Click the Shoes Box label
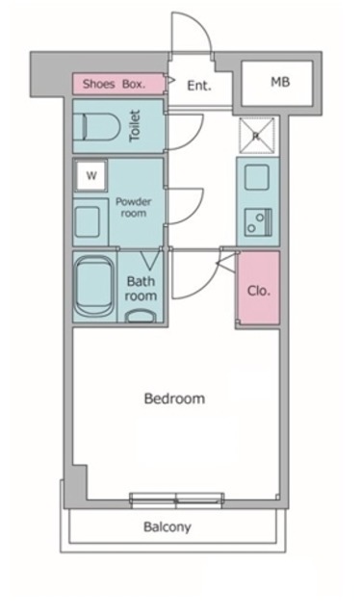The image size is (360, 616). pyautogui.click(x=114, y=84)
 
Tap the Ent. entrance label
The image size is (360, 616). pyautogui.click(x=199, y=86)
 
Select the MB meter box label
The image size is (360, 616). pyautogui.click(x=280, y=82)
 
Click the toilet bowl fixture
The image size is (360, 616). pyautogui.click(x=101, y=126)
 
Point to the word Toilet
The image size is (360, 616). pyautogui.click(x=135, y=126)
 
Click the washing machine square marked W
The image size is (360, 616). pyautogui.click(x=91, y=175)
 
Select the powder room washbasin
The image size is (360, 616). pyautogui.click(x=87, y=222)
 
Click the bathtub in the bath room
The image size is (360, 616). pyautogui.click(x=94, y=286)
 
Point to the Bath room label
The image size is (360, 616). pyautogui.click(x=141, y=289)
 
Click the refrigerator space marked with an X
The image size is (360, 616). pyautogui.click(x=257, y=135)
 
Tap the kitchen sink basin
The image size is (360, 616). pyautogui.click(x=257, y=177)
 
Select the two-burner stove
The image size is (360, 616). pyautogui.click(x=258, y=222)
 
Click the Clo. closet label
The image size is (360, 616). pyautogui.click(x=259, y=291)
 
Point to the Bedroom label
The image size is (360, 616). pyautogui.click(x=174, y=398)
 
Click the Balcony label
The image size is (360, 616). pyautogui.click(x=167, y=526)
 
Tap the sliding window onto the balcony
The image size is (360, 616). pyautogui.click(x=177, y=500)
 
